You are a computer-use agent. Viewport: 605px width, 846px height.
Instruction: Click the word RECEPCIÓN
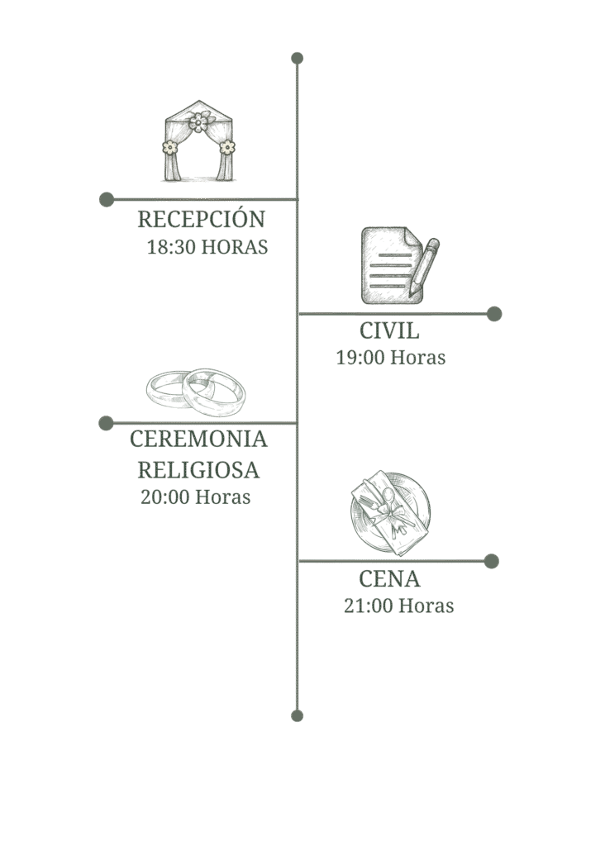(201, 220)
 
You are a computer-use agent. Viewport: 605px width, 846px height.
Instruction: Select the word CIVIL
(389, 331)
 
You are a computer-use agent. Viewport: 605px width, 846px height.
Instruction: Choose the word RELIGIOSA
(199, 470)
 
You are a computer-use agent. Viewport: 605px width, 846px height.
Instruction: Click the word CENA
(390, 578)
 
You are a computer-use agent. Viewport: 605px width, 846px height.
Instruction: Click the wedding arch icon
(198, 141)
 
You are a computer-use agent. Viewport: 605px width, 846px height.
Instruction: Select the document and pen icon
(399, 264)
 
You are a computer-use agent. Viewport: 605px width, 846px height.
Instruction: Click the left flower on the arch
(169, 147)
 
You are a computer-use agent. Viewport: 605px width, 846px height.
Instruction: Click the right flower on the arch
(227, 147)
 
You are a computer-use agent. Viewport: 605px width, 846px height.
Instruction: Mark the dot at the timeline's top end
(298, 58)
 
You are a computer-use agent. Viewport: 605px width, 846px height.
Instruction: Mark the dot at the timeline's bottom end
(298, 715)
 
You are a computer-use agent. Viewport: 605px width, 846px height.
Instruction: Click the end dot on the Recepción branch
(106, 199)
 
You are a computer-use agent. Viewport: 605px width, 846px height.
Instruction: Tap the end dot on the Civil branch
(494, 314)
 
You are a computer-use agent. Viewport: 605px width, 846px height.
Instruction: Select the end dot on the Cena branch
(492, 561)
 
